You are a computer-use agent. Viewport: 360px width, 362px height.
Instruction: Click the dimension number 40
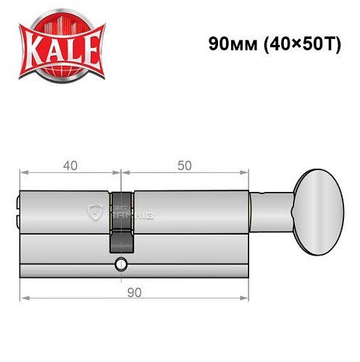point(70,164)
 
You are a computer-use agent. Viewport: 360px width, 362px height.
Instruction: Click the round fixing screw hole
point(120,264)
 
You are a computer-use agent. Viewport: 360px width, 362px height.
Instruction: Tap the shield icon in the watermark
point(93,211)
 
